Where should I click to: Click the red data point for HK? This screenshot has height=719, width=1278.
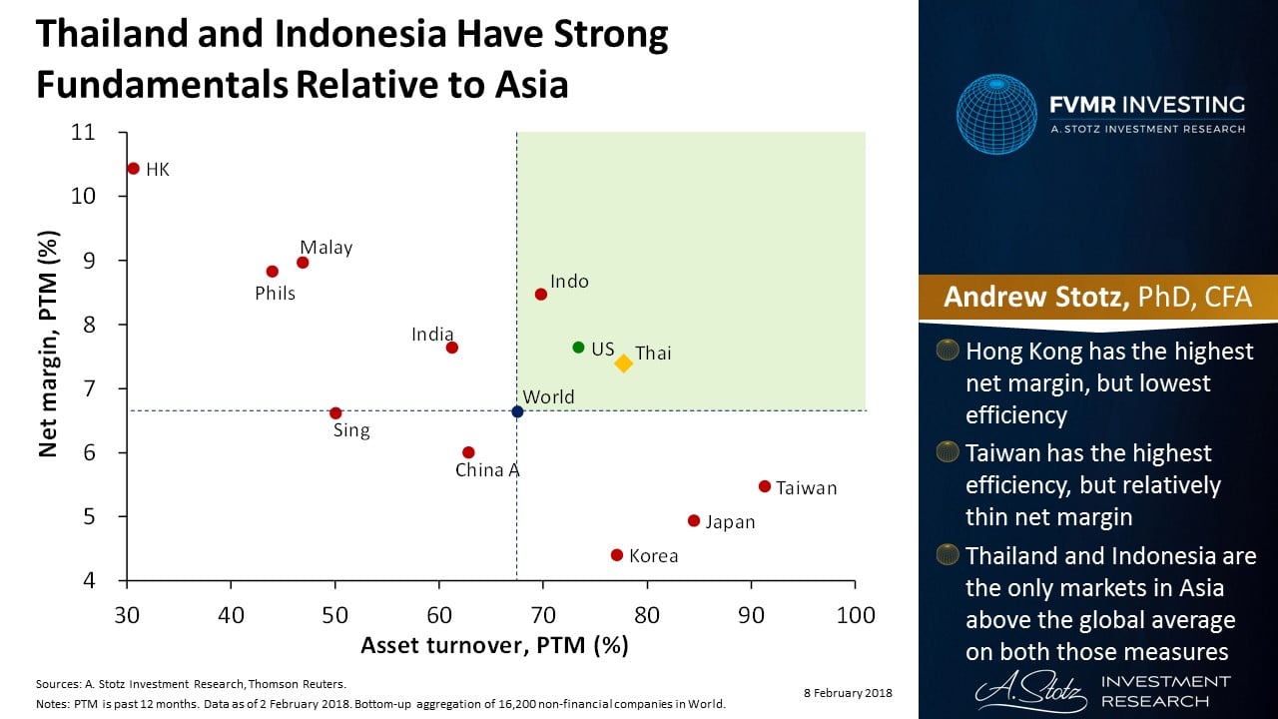point(133,169)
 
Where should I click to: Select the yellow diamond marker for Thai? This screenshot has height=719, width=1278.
point(623,363)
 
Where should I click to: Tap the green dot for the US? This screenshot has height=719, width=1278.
point(578,348)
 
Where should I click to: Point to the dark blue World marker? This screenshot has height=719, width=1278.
point(517,411)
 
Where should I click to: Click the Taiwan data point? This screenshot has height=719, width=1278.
point(765,486)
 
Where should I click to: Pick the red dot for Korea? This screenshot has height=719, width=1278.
point(616,555)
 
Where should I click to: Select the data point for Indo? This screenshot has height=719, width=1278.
point(541,295)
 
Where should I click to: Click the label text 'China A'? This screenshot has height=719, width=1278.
point(487,470)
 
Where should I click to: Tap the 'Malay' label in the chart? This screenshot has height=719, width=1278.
point(326,248)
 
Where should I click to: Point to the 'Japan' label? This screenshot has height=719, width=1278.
point(730,522)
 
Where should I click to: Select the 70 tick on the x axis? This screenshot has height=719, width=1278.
point(543,614)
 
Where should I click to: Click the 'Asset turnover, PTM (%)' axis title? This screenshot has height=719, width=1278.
point(494,646)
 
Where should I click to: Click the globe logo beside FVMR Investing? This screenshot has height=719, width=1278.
point(996,115)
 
